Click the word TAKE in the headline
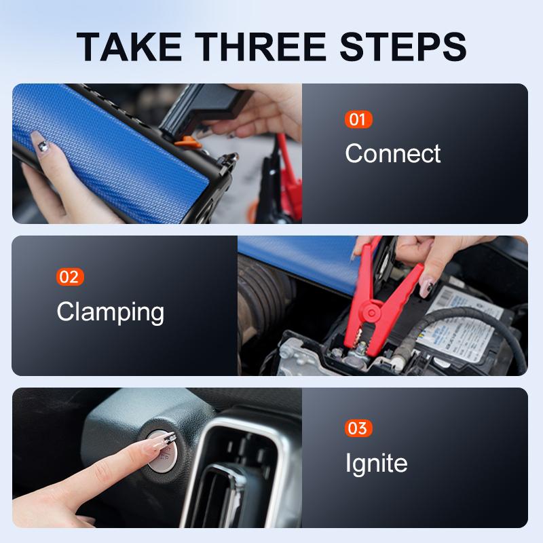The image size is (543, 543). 128,47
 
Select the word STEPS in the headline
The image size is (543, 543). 403,47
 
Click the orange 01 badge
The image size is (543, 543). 358,119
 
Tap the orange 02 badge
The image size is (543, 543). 70,277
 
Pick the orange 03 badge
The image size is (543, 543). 358,428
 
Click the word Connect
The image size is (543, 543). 393,153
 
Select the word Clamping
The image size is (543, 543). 111,312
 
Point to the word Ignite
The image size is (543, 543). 377,464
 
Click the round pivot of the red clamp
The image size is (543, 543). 371,313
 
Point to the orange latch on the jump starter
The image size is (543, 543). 188,143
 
